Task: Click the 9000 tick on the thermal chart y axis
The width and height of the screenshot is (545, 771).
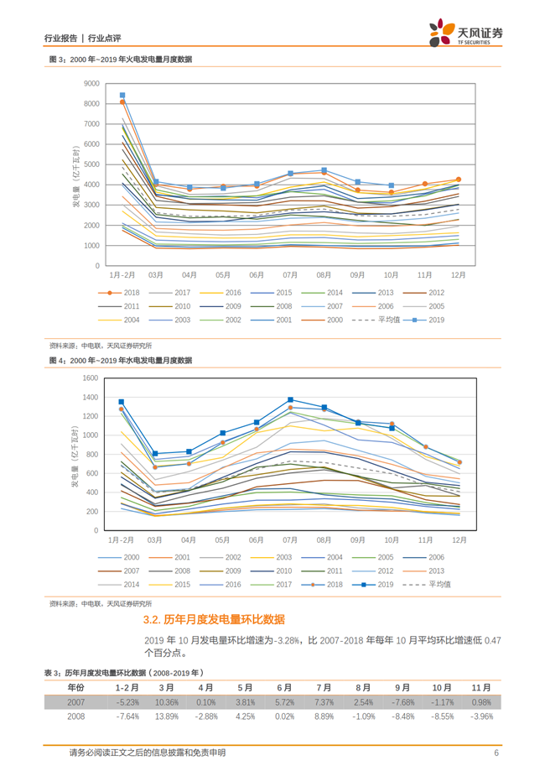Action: point(91,83)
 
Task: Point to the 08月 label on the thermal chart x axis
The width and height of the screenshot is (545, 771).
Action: point(324,273)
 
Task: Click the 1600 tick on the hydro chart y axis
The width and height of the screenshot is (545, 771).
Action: point(91,378)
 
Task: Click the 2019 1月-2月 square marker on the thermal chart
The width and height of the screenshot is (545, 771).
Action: point(122,96)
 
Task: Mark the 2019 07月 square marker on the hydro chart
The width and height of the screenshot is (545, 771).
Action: point(290,400)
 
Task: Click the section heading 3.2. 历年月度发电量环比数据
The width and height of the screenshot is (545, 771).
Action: point(214,620)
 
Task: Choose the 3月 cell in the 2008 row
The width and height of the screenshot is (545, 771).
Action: point(166,716)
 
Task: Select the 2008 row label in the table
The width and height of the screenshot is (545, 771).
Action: point(76,716)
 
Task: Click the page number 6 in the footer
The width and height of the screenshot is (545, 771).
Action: point(496,753)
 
